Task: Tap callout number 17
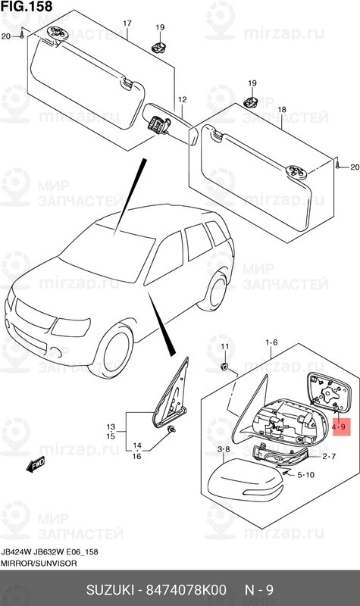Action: (x=127, y=23)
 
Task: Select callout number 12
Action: (x=182, y=100)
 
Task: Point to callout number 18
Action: (x=281, y=110)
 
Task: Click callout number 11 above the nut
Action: (x=224, y=346)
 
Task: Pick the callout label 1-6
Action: (x=271, y=342)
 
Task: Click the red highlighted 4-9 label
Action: (x=340, y=428)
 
